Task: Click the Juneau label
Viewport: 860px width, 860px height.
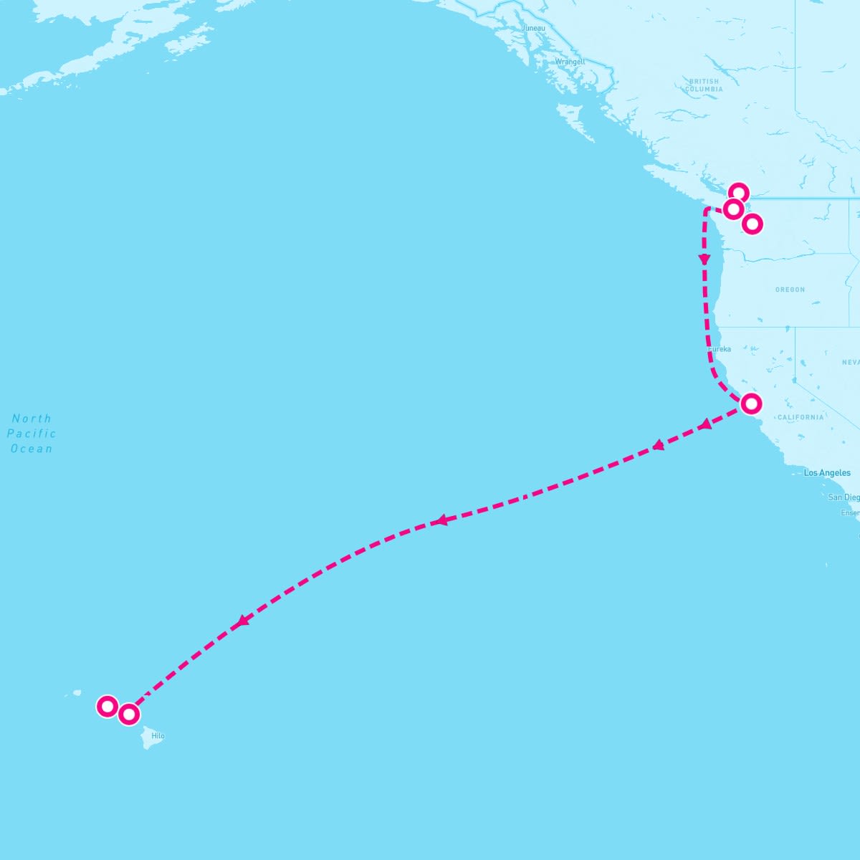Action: (x=533, y=28)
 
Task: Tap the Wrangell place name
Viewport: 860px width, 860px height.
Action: (x=570, y=62)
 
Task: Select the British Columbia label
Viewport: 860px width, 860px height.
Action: (x=704, y=85)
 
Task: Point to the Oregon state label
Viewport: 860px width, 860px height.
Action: (x=790, y=290)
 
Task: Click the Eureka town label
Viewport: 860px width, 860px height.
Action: (x=720, y=349)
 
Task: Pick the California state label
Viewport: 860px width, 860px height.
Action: (x=801, y=417)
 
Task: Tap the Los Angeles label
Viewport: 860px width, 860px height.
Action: (x=827, y=473)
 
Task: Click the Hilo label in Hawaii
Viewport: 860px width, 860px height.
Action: (x=158, y=736)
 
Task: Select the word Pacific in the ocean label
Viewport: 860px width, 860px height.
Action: (x=32, y=434)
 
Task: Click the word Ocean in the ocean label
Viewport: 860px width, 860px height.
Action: (x=32, y=449)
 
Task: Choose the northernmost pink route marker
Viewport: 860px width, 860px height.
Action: (x=739, y=193)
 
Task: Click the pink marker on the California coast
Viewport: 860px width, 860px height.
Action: (x=750, y=403)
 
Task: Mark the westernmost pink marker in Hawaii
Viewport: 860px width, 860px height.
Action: (x=107, y=707)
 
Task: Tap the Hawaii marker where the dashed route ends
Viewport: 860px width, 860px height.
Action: (x=128, y=714)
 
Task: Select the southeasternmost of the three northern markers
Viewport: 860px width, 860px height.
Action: (x=752, y=224)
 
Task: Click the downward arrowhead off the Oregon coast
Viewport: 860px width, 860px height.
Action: (x=704, y=259)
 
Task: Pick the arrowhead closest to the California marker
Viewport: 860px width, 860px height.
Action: (x=705, y=424)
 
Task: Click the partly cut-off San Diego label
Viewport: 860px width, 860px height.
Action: (x=844, y=497)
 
